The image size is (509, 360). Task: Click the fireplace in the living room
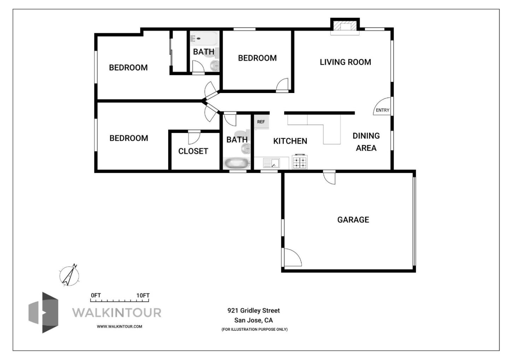(x=345, y=27)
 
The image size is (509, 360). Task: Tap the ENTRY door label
(x=382, y=110)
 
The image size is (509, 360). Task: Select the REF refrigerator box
(x=261, y=122)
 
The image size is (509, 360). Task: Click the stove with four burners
(x=300, y=162)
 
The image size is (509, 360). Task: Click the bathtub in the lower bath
(x=236, y=163)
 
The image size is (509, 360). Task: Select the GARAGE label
(x=353, y=220)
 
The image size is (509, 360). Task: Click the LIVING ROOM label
(x=345, y=62)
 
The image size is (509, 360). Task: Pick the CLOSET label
(x=193, y=151)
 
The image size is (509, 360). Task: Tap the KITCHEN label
(x=290, y=141)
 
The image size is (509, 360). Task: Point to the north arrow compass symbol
(x=70, y=275)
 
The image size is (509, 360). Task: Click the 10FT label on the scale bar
(x=143, y=295)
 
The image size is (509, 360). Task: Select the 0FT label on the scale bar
(x=95, y=295)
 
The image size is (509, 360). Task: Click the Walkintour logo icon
(x=43, y=312)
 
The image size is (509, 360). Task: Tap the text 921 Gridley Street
(x=253, y=310)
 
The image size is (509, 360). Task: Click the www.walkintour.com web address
(x=119, y=326)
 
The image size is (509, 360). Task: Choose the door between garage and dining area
(x=329, y=177)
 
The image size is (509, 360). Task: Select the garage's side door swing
(x=292, y=257)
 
